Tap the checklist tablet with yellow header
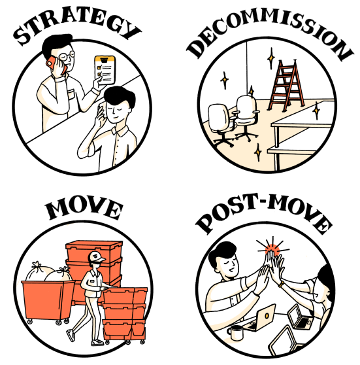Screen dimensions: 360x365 pyautogui.click(x=105, y=69)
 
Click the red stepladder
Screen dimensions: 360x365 pyautogui.click(x=286, y=85)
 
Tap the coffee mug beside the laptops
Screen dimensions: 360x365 pyautogui.click(x=235, y=332)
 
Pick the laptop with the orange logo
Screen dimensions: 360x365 pyautogui.click(x=261, y=318)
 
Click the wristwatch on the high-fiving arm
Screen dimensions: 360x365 pyautogui.click(x=282, y=284)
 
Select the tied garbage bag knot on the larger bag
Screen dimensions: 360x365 pyautogui.click(x=37, y=265)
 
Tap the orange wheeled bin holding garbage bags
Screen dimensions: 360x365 pyautogui.click(x=48, y=301)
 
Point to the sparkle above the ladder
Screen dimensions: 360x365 pyautogui.click(x=271, y=58)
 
